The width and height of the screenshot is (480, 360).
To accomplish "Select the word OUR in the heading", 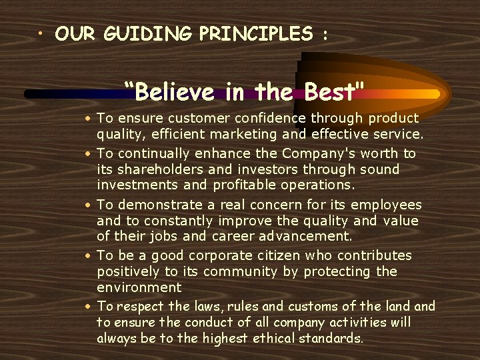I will (76, 34).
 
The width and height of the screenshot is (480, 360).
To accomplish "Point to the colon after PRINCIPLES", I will (325, 35).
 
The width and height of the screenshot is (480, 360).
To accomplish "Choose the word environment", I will (139, 288).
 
